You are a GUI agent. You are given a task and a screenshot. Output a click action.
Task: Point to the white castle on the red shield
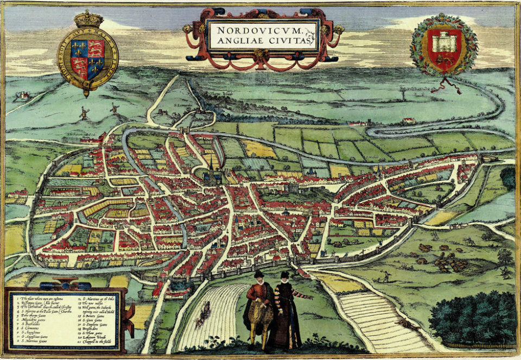(x=444, y=43)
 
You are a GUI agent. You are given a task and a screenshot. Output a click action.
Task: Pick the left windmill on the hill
(x=84, y=113)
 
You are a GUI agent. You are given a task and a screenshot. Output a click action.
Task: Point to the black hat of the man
(x=259, y=274)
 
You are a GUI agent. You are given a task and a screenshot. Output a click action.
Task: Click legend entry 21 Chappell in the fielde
(x=97, y=342)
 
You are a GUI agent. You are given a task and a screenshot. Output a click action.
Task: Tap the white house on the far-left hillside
(x=23, y=96)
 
